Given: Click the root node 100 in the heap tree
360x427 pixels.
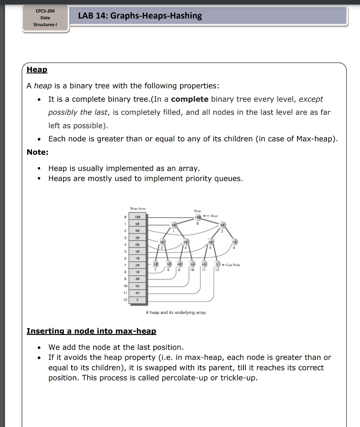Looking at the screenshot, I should pos(198,217).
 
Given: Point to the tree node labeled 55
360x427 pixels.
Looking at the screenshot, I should pos(192,265).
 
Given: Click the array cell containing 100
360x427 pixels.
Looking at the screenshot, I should pos(137,217).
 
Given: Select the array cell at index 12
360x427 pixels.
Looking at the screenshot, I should pos(137,300).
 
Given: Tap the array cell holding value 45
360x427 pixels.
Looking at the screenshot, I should pos(137,293).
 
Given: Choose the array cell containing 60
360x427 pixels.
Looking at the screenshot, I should pos(137,245).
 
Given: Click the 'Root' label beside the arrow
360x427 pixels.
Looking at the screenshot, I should pos(215,216).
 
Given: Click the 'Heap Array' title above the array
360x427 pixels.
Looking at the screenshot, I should pos(138,208).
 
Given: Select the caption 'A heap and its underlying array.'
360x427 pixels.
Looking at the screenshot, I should pos(176,312).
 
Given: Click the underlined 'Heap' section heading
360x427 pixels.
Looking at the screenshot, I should pos(37,70).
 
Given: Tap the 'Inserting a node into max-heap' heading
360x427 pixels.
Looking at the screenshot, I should pos(91,331).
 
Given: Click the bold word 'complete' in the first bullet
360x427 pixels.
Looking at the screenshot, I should pos(190,99).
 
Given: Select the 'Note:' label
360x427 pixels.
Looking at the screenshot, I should pos(37,152).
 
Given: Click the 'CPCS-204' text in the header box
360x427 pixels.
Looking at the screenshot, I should pos(45,10).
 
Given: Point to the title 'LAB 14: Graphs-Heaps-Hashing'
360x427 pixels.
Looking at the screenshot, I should pos(140,16).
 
